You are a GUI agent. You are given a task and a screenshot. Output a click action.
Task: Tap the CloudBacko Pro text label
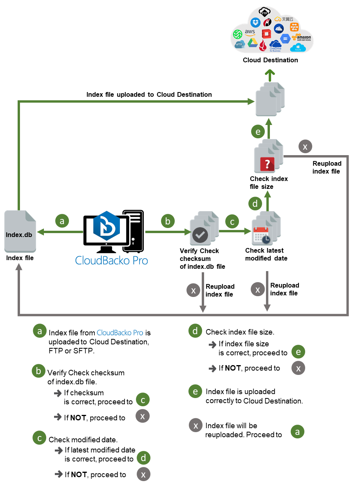coord(112,261)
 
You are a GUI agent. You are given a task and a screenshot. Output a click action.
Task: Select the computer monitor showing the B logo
coord(106,231)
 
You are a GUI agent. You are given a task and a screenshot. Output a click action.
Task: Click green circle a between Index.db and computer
coord(62,221)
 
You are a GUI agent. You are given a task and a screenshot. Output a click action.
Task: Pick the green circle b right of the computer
coord(168,221)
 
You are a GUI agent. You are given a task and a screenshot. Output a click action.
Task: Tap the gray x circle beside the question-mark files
coord(305,147)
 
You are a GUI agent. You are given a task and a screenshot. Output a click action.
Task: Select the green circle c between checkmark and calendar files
coord(232,222)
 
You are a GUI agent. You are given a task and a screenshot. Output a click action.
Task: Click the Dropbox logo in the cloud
coord(256,23)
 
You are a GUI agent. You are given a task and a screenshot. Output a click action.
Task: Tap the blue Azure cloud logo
coord(298,48)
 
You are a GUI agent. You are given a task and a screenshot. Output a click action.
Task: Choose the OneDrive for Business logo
coord(276,45)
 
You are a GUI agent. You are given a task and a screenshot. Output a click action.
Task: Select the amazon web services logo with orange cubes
coord(303,38)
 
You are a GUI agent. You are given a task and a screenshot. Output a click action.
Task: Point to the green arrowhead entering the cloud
coord(269,73)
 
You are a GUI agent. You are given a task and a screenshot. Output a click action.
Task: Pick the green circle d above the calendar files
coord(255,204)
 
